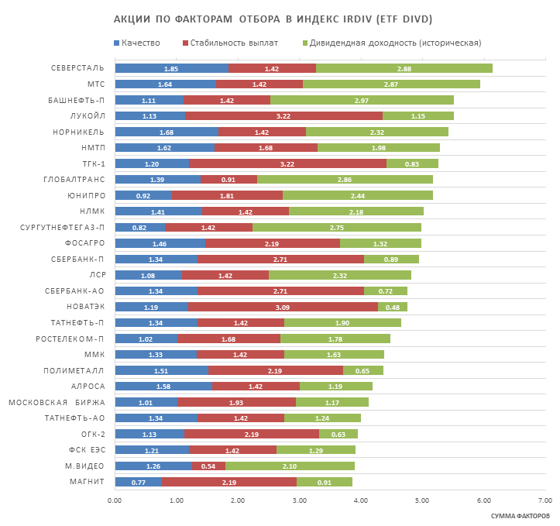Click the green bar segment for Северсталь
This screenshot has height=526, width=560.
click(404, 68)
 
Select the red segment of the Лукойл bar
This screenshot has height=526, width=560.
click(283, 116)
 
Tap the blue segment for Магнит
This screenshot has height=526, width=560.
click(139, 482)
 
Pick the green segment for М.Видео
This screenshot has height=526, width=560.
click(290, 466)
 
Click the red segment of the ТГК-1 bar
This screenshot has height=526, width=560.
click(287, 163)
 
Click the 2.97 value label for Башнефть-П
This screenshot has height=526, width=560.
click(361, 100)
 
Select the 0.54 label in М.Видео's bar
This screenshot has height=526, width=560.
click(208, 466)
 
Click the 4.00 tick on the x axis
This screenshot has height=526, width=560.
click(360, 500)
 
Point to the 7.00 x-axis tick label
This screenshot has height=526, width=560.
click(545, 500)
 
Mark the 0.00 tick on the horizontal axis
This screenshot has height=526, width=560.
click(115, 500)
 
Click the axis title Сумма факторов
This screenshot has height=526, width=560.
click(520, 515)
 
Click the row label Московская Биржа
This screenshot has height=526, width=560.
click(56, 402)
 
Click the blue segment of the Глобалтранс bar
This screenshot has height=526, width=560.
click(157, 180)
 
